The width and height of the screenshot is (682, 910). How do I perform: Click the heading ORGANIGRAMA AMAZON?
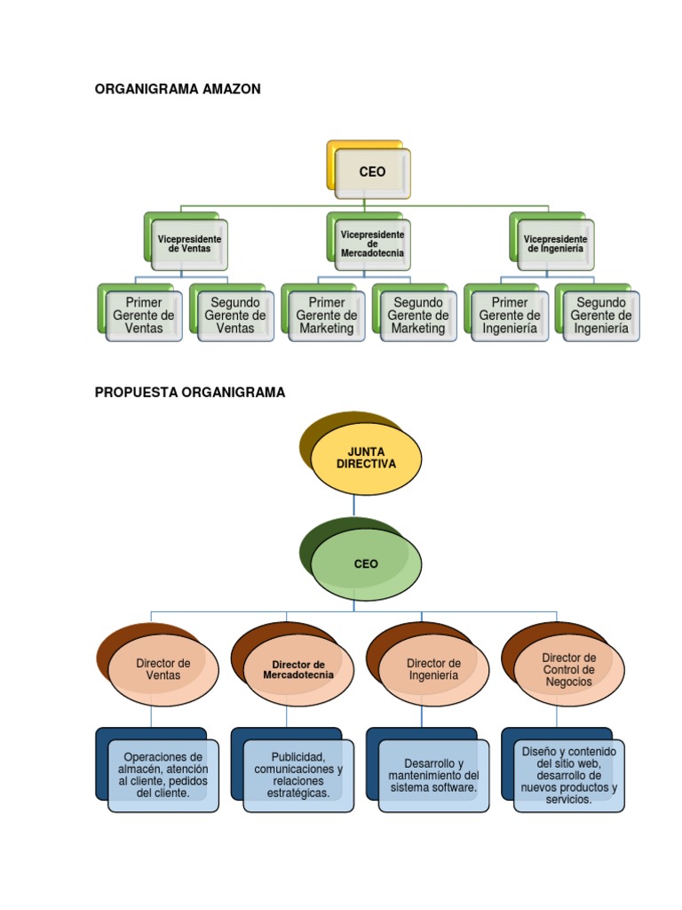pos(178,89)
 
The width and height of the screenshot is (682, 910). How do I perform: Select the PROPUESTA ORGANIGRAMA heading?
pos(190,392)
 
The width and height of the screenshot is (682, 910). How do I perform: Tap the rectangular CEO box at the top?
pos(372,172)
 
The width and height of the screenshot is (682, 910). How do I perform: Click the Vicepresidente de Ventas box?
pos(189,244)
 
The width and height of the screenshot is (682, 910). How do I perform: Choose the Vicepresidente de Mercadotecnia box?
pos(372,244)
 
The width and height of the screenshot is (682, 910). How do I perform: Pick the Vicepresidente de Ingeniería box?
pos(555,244)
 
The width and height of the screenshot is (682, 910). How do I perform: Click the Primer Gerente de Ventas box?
pos(144,315)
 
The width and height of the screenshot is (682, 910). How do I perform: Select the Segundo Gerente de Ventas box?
pos(235,315)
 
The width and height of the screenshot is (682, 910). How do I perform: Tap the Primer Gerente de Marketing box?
pos(327,315)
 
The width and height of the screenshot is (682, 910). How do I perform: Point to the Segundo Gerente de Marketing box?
pos(418,315)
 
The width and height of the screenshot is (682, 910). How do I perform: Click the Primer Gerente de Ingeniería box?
pos(510,315)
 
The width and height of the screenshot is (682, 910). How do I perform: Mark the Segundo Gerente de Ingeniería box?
pos(601,315)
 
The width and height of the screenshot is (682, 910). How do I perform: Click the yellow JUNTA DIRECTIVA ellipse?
pos(366,459)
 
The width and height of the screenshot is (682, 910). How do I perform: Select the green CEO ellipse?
pos(366,563)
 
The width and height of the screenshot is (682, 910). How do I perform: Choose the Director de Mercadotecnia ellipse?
pos(298,669)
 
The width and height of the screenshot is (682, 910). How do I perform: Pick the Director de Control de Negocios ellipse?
pos(569,669)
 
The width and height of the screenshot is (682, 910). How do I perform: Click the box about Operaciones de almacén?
pos(163,775)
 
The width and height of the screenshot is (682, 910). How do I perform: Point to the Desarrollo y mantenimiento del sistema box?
pos(433,775)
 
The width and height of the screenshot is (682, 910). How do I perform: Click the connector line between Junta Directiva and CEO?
pos(354,507)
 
